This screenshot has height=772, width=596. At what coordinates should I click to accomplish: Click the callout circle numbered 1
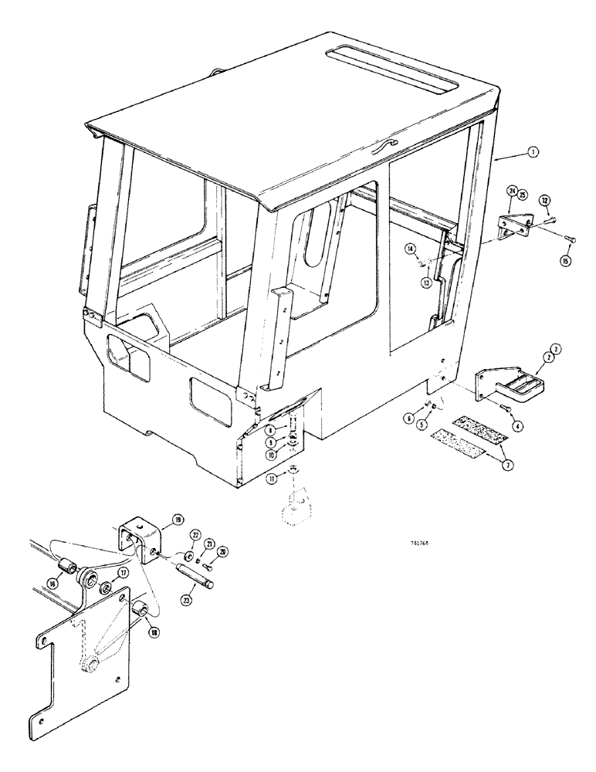point(533,154)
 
